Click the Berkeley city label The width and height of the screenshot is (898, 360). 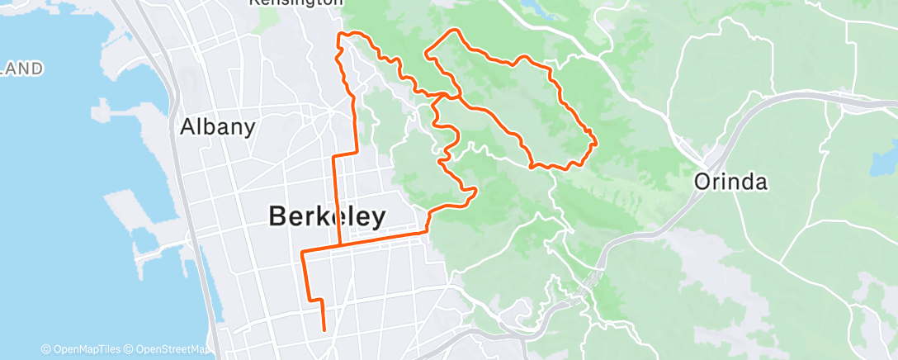pyautogui.click(x=327, y=216)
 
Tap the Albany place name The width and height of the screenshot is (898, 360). pyautogui.click(x=218, y=127)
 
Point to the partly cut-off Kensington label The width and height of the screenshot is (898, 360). pyautogui.click(x=296, y=3)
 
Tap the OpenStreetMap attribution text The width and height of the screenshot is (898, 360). pyautogui.click(x=169, y=349)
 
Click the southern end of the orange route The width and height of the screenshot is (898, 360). pyautogui.click(x=324, y=329)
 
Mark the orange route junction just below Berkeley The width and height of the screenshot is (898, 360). pyautogui.click(x=340, y=245)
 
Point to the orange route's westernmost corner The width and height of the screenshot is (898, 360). pyautogui.click(x=303, y=251)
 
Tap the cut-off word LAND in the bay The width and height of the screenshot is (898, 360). pyautogui.click(x=21, y=69)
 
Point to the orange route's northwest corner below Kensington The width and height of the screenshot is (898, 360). pyautogui.click(x=339, y=35)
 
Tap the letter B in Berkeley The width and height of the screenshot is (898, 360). pyautogui.click(x=279, y=216)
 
